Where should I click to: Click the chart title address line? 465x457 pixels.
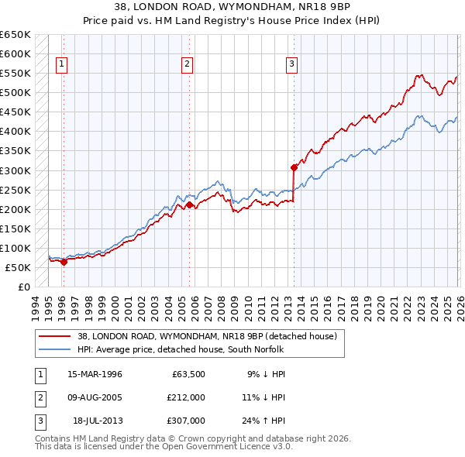coord(232,9)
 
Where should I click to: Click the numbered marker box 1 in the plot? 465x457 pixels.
coord(61,65)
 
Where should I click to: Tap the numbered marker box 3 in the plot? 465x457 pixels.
coord(292,65)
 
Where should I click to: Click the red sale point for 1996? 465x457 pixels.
coord(64,262)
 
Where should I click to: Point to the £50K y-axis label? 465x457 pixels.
coord(19,267)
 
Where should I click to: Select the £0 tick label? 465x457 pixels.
coord(23,287)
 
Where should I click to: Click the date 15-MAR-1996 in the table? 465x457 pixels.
coord(95,374)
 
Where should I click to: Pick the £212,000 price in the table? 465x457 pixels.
coord(186,397)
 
